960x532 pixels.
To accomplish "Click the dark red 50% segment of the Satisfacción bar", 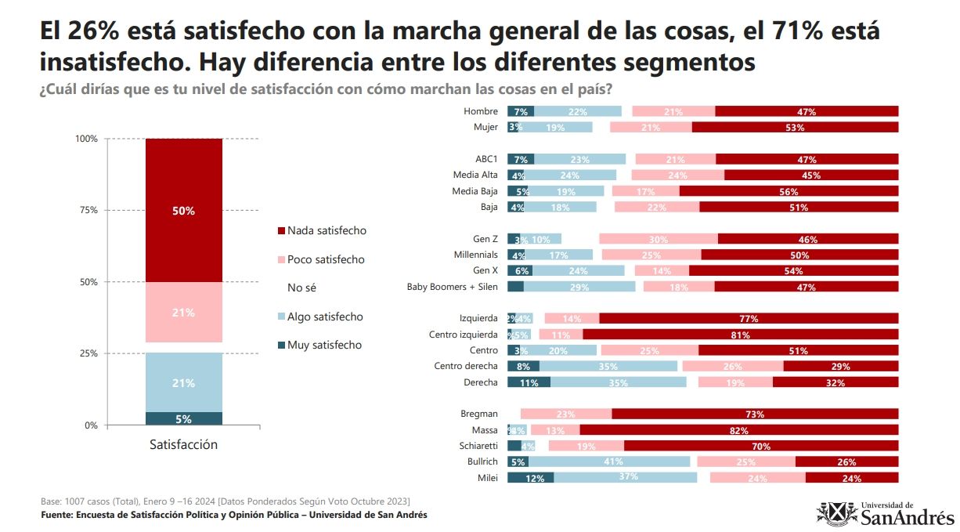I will tap(184, 210).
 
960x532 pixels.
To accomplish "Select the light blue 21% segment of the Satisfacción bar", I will tap(184, 382).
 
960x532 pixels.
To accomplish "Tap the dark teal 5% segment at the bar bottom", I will tap(184, 418).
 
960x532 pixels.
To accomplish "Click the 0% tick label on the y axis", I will tap(91, 425).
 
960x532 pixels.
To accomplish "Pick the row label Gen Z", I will tap(485, 239).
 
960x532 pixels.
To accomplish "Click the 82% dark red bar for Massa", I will tap(738, 430).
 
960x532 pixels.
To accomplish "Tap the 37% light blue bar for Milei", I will tap(625, 477).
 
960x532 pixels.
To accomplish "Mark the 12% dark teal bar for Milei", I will tap(530, 477).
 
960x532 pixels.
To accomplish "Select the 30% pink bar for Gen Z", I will tap(658, 239).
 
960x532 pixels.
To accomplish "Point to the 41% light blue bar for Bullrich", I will tap(608, 461).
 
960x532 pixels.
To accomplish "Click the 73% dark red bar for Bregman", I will tap(755, 414).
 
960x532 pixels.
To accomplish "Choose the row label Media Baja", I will tap(475, 191).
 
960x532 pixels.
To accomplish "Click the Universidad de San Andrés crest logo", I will tap(836, 514).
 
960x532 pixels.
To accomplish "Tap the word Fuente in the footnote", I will tap(57, 515).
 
